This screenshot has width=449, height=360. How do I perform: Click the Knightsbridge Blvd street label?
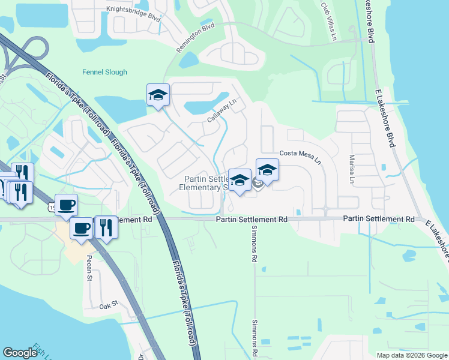(x=134, y=13)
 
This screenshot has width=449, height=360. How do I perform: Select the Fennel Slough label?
(x=104, y=72)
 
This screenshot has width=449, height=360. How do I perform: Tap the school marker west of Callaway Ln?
(x=158, y=95)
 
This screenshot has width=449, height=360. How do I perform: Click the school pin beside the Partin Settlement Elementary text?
(x=240, y=180)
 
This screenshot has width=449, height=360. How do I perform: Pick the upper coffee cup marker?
(x=66, y=205)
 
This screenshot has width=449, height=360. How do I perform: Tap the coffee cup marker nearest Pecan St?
(x=82, y=228)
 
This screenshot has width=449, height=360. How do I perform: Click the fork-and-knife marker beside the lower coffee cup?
(x=106, y=227)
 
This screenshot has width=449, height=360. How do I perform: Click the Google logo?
(x=20, y=353)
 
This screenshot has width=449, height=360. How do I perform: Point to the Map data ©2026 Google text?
(x=412, y=355)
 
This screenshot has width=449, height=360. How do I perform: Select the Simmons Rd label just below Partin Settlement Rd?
(x=254, y=251)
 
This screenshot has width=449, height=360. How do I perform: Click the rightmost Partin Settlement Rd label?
(x=379, y=220)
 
